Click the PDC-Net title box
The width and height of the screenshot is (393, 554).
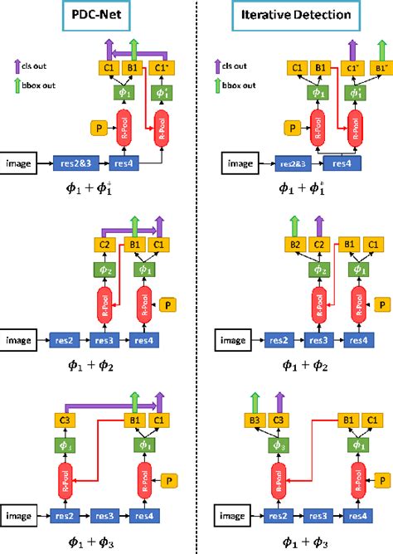(x=98, y=17)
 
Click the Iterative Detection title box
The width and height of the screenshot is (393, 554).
(x=293, y=17)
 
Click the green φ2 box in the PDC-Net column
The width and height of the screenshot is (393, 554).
(x=104, y=270)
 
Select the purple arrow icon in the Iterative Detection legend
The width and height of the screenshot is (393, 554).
(x=212, y=66)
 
